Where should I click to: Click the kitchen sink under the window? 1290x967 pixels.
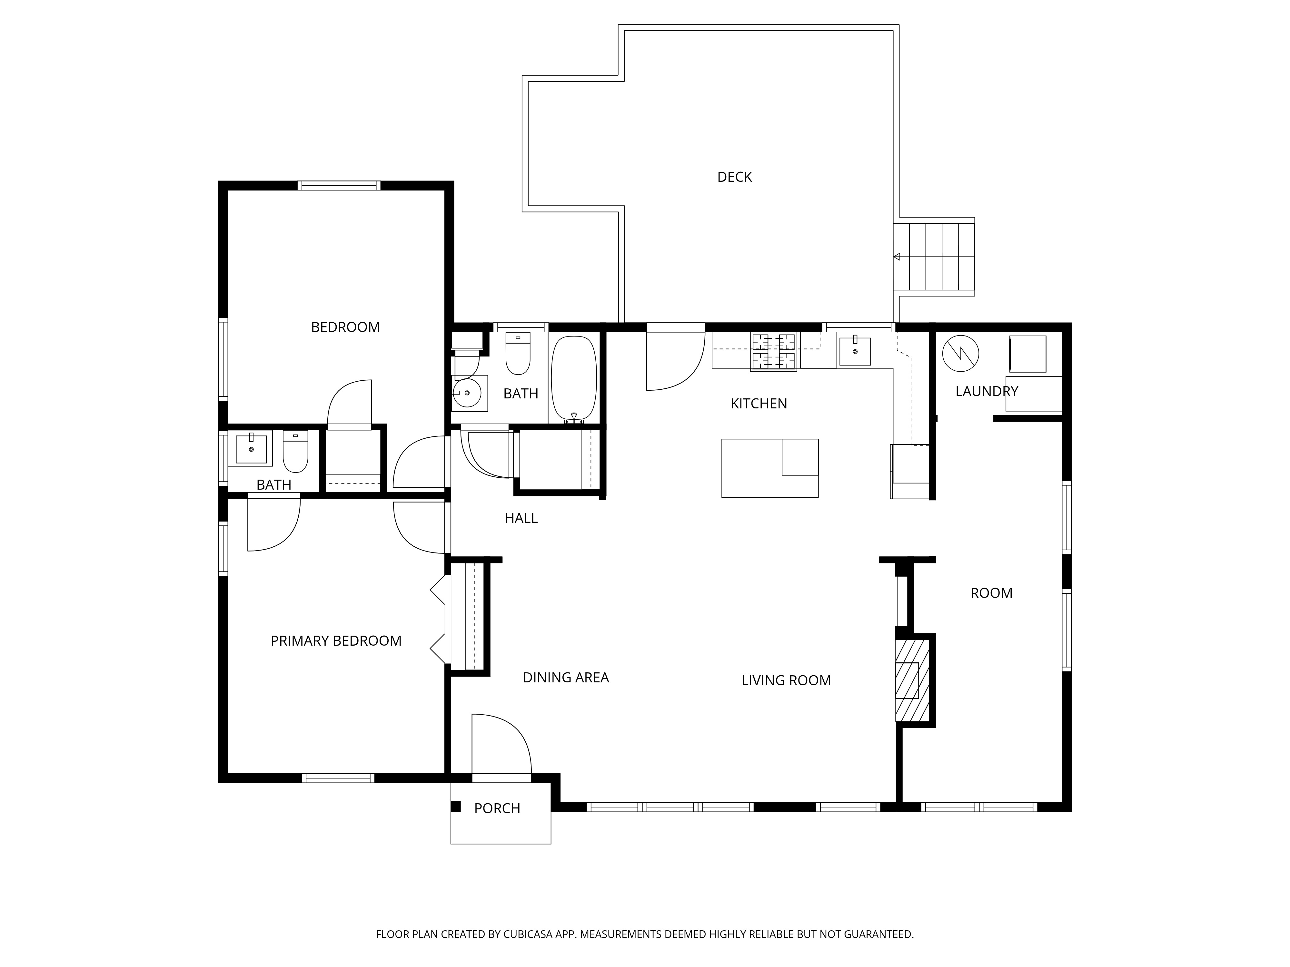click(854, 351)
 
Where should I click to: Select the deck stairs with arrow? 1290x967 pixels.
click(934, 257)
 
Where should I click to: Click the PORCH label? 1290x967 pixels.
click(497, 808)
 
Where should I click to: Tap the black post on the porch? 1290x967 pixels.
click(456, 807)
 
